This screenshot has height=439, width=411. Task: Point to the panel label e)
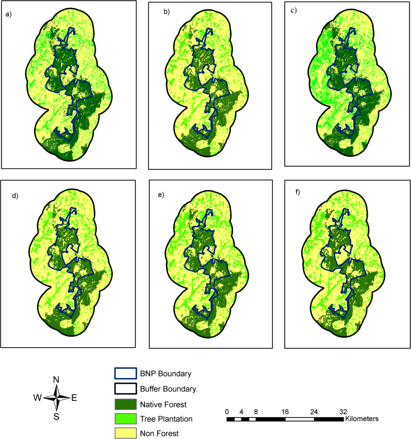point(160,194)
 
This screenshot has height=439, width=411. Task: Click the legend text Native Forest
point(161,404)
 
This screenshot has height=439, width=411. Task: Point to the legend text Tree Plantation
point(166,419)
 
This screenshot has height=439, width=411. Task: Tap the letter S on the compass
point(56,417)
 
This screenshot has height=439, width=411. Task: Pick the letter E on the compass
point(74,398)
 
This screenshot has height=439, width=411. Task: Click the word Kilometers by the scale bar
point(362,419)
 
